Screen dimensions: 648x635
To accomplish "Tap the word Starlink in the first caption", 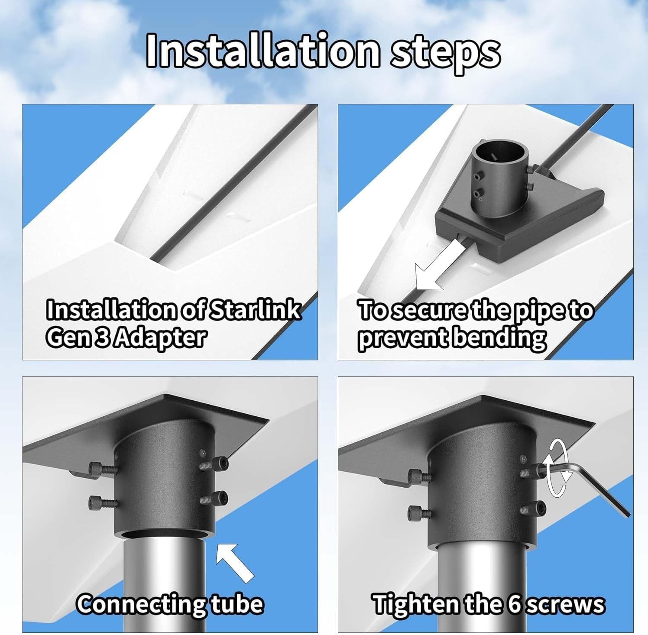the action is (x=255, y=310).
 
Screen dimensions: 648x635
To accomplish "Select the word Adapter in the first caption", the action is (x=162, y=338).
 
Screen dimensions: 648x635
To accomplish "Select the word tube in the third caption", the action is (x=237, y=603).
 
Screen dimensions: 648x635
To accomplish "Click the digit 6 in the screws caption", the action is (x=515, y=604).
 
